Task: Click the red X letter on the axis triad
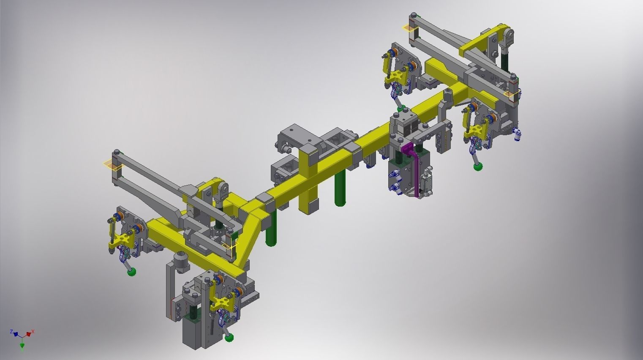33,332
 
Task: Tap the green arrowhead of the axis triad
22,346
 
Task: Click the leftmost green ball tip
132,272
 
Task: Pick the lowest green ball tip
229,337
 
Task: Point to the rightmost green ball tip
478,167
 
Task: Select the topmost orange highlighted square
409,28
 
